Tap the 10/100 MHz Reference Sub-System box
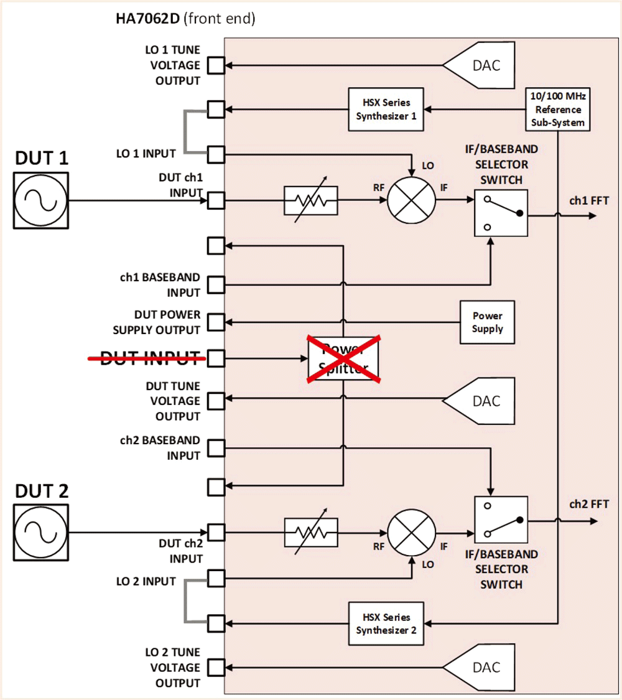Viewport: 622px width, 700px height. pyautogui.click(x=557, y=110)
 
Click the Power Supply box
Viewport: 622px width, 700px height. pyautogui.click(x=487, y=322)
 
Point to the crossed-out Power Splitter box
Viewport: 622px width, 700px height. pyautogui.click(x=344, y=358)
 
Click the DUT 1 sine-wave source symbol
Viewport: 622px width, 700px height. pyautogui.click(x=41, y=201)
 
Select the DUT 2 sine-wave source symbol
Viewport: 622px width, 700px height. pyautogui.click(x=41, y=532)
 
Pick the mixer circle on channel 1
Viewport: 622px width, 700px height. pyautogui.click(x=411, y=201)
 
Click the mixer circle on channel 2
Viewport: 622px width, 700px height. pyautogui.click(x=411, y=533)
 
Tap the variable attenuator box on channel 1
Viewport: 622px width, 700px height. pyautogui.click(x=310, y=201)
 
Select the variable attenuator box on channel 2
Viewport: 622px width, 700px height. pyautogui.click(x=310, y=533)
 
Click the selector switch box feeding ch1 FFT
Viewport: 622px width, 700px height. pyautogui.click(x=500, y=212)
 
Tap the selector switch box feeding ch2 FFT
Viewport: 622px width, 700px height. pyautogui.click(x=500, y=518)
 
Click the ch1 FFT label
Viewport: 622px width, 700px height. pyautogui.click(x=588, y=201)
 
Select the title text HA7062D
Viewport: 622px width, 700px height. pyautogui.click(x=147, y=19)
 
